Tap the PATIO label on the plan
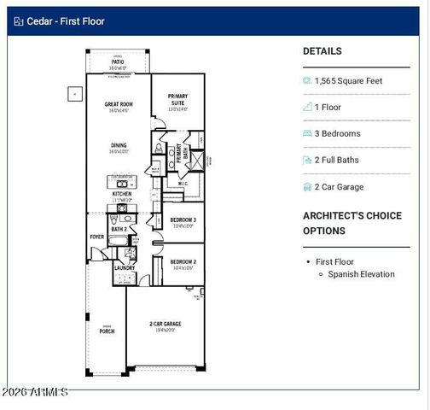pyautogui.click(x=118, y=62)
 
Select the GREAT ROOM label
pyautogui.click(x=118, y=103)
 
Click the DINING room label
pyautogui.click(x=118, y=145)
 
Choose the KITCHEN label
pyautogui.click(x=122, y=194)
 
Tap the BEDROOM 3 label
pyautogui.click(x=183, y=221)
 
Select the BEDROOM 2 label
pyautogui.click(x=183, y=261)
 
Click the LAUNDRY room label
pyautogui.click(x=125, y=268)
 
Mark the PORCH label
pyautogui.click(x=107, y=331)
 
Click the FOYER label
pyautogui.click(x=97, y=237)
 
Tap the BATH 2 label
pyautogui.click(x=119, y=229)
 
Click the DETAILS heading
pyautogui.click(x=322, y=51)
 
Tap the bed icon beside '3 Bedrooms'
pyautogui.click(x=308, y=134)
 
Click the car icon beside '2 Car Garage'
pyautogui.click(x=308, y=187)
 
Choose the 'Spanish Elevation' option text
pyautogui.click(x=361, y=274)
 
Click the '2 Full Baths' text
pyautogui.click(x=337, y=160)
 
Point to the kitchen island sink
pyautogui.click(x=122, y=183)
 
